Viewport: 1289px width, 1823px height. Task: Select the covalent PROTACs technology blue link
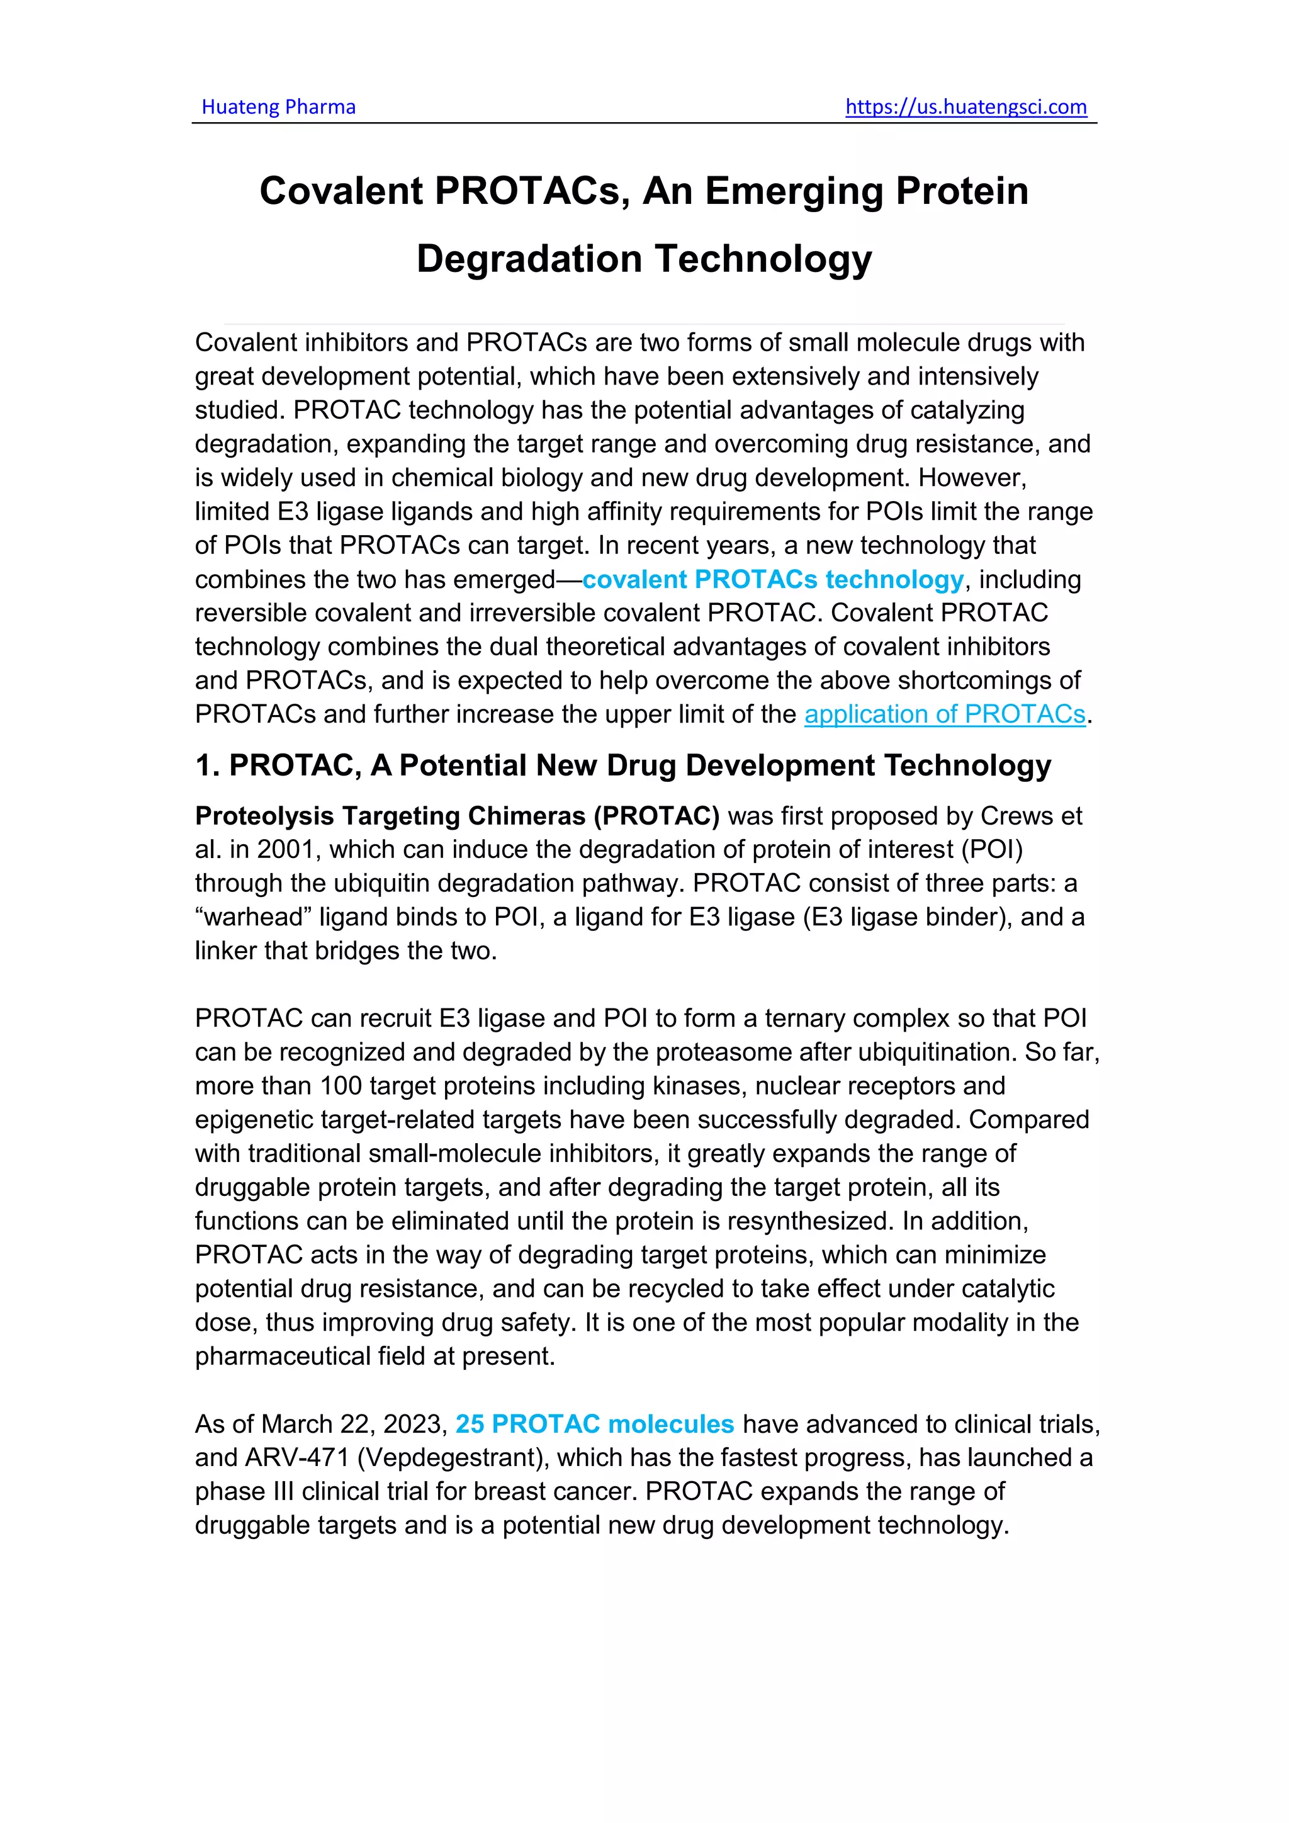(772, 580)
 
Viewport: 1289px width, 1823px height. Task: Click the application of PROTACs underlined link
(945, 714)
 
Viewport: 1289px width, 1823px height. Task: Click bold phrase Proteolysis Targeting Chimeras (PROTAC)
(457, 816)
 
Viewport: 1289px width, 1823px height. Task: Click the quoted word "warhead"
(253, 917)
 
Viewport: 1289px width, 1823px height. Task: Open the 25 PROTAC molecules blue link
(595, 1425)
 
